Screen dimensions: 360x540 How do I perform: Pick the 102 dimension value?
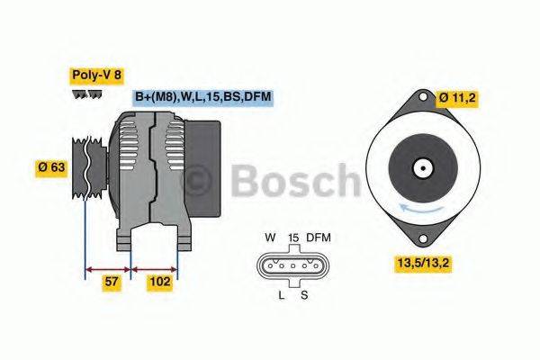pos(160,283)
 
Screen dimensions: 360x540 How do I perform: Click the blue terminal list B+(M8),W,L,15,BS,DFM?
pos(202,96)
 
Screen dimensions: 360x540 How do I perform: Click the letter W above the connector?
pos(270,238)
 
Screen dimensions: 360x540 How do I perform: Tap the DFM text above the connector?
pos(319,238)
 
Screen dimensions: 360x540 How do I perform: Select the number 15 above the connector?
pos(292,238)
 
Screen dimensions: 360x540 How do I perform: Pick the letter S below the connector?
pos(302,294)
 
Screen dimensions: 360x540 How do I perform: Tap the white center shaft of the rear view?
pos(420,167)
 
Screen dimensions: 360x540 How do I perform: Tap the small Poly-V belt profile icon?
pos(86,94)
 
